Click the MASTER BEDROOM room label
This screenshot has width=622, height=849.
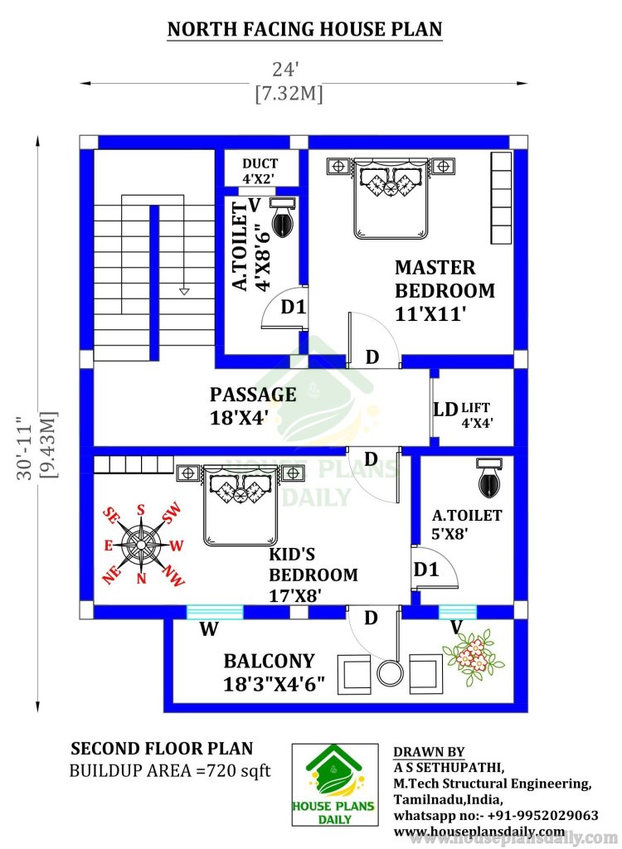(445, 290)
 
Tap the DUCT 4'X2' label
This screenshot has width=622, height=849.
(260, 171)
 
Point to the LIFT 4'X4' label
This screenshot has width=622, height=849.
(476, 415)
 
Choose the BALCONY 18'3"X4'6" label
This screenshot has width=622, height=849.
(275, 672)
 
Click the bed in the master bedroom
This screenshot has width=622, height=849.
(391, 197)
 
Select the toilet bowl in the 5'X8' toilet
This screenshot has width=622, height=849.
(490, 478)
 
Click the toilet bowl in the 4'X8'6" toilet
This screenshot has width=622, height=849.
(282, 216)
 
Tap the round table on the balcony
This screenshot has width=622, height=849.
(390, 673)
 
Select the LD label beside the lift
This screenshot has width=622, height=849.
(445, 410)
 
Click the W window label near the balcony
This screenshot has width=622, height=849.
(209, 629)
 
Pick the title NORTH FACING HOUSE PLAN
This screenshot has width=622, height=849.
(305, 29)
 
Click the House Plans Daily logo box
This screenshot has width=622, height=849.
(335, 784)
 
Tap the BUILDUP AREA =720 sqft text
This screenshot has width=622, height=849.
(169, 770)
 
